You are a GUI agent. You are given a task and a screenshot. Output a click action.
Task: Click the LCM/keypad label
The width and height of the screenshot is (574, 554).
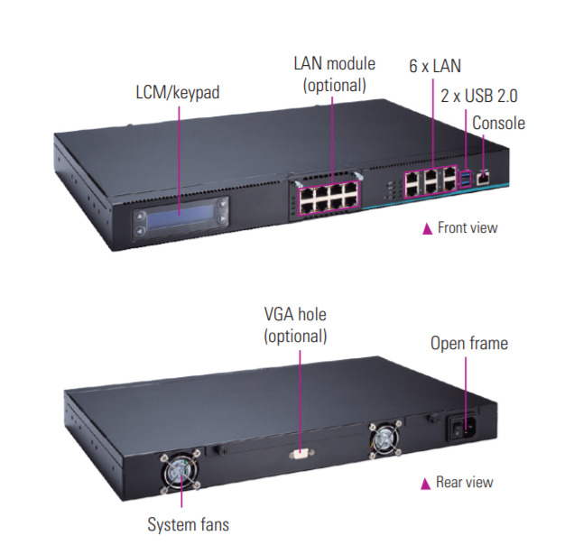coord(177,92)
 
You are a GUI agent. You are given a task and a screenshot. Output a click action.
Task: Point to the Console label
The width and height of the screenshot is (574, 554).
coord(497,123)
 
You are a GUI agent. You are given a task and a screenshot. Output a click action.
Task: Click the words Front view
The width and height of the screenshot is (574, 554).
coord(467,227)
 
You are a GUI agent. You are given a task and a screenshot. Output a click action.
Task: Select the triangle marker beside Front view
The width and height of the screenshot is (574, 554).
coord(427,228)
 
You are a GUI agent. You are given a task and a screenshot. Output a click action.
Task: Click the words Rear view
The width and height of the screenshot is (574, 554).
coord(465,482)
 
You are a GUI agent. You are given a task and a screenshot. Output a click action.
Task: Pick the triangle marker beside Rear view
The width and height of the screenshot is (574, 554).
coord(426,483)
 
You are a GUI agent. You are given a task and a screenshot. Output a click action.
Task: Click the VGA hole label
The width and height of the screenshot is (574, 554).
coord(294,315)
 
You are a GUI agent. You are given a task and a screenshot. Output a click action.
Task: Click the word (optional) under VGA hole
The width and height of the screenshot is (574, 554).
coord(294,336)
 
